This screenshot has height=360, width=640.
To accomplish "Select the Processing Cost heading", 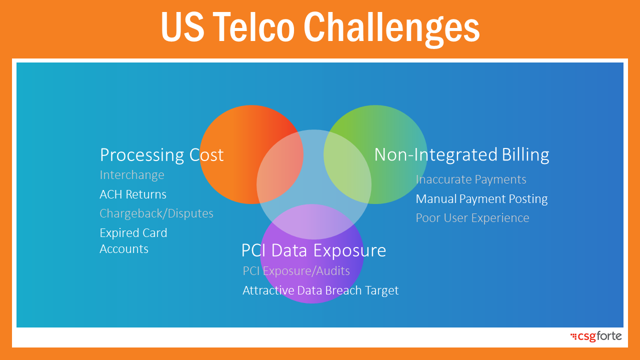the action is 161,155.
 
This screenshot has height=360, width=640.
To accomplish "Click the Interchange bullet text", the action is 132,175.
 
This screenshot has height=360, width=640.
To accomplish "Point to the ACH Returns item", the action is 133,194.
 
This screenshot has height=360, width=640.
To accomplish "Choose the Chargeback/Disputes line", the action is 156,213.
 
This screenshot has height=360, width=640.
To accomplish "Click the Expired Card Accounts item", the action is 133,241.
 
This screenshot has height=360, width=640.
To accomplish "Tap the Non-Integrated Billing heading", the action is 461,155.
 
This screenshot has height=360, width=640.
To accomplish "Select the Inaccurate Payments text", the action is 471,179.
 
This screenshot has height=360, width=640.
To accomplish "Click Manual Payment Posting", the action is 481,199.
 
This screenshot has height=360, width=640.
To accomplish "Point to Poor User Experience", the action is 472,218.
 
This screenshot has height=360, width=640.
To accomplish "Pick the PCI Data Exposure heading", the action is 313,250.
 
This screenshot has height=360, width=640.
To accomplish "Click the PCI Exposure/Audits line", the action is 296,271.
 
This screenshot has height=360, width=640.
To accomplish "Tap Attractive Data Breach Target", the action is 320,290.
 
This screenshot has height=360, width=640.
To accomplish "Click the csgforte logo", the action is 596,336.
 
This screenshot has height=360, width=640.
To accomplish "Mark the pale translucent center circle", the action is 314,184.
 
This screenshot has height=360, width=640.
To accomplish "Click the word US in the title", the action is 183,27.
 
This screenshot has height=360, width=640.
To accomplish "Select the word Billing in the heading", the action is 525,155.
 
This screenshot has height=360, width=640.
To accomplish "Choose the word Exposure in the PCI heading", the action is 349,251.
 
